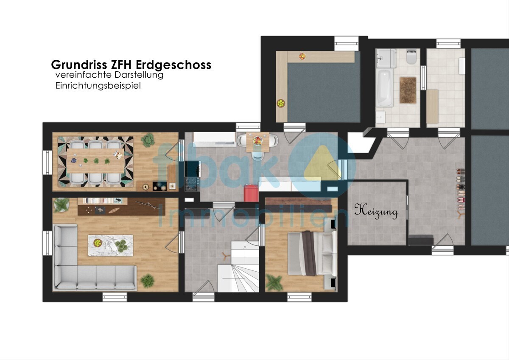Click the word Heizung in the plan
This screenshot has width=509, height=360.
pos(376,212)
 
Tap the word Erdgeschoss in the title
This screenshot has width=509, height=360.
pos(173,65)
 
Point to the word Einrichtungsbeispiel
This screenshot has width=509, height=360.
pos(98,86)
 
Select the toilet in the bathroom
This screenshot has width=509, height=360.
pos(411,57)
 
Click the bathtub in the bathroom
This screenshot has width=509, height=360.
pos(384,87)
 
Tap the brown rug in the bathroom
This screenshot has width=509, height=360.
pos(408,90)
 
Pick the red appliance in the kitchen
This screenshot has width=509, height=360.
pos(251,193)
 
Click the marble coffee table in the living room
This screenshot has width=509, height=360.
pos(110,245)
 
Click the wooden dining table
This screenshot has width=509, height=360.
pos(95,161)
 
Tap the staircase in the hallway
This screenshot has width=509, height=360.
pos(238,267)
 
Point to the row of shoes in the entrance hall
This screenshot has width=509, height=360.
pos(460,189)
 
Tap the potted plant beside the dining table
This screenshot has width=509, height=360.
pos(148,140)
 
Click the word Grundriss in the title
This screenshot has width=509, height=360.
pos(79,65)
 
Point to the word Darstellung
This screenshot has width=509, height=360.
pos(139,75)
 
